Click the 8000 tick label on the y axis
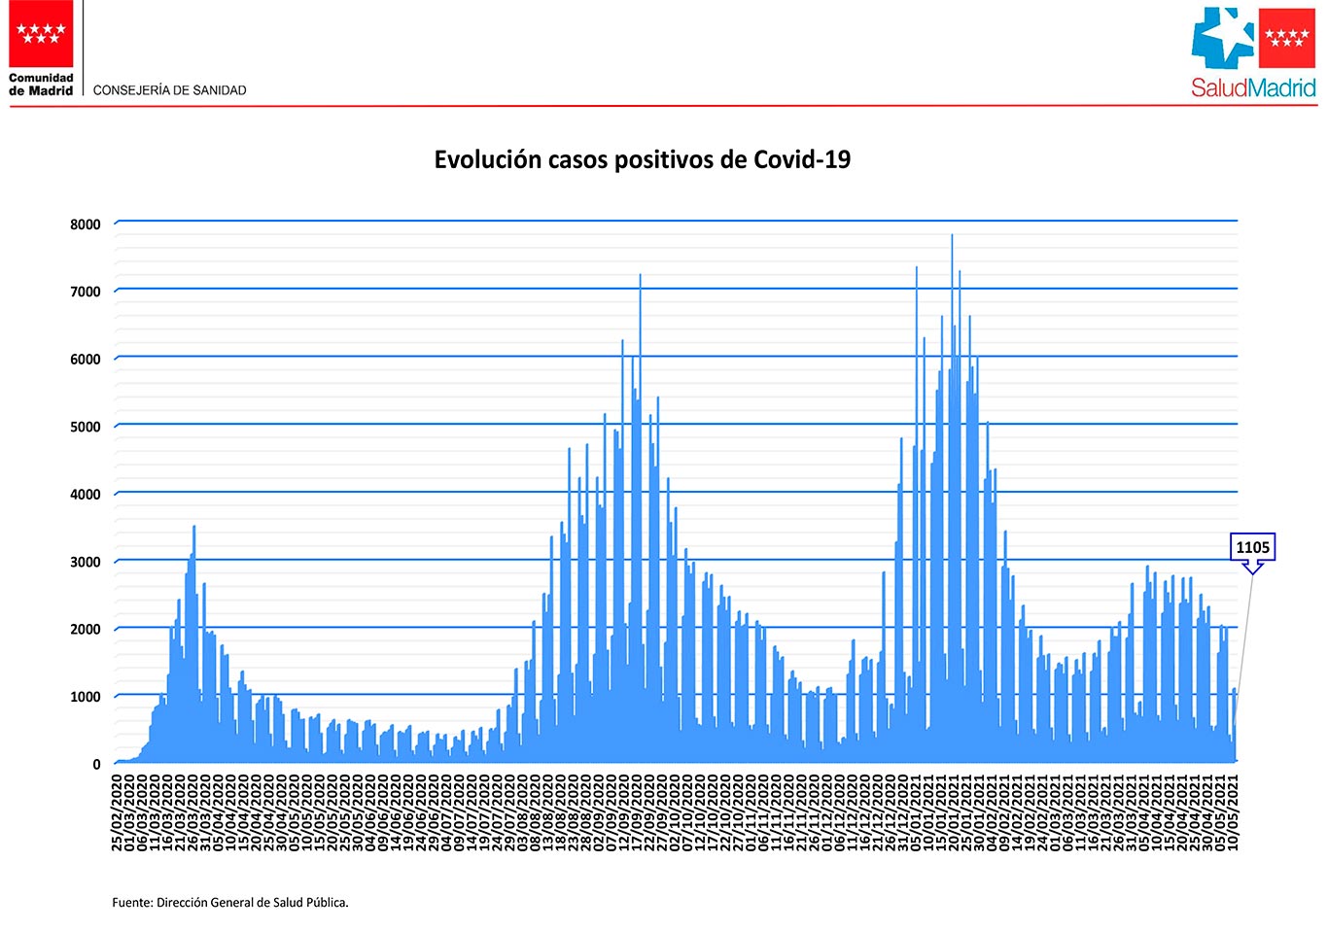click(x=85, y=224)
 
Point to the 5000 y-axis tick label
click(x=85, y=427)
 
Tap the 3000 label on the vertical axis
click(x=85, y=562)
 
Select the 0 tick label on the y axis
click(x=96, y=765)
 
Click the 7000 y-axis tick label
click(x=85, y=292)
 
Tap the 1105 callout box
click(x=1252, y=548)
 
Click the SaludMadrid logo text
click(x=1253, y=88)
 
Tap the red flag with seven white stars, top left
click(x=41, y=33)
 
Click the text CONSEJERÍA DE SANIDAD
click(x=170, y=90)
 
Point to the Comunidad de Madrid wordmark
click(x=41, y=85)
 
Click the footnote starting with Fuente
click(x=230, y=903)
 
